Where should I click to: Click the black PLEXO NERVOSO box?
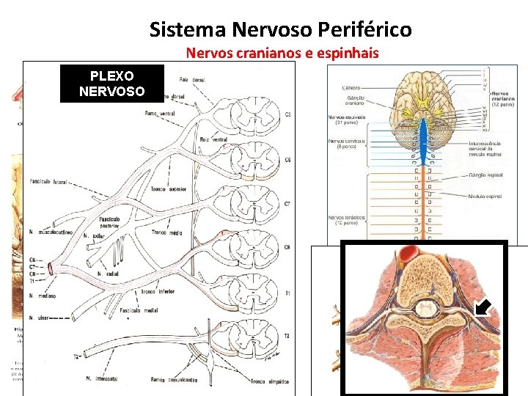click(x=102, y=83)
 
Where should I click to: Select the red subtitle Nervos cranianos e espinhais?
click(x=282, y=52)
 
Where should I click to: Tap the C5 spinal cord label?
click(x=287, y=115)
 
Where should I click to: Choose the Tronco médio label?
click(x=166, y=232)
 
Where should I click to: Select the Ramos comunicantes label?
click(x=172, y=380)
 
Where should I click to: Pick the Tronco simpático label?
click(x=267, y=381)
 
